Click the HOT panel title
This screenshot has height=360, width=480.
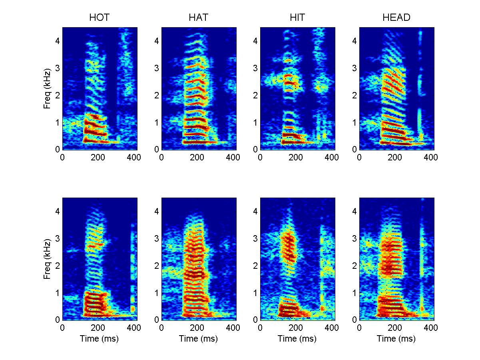(x=100, y=18)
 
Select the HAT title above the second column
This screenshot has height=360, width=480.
(x=199, y=18)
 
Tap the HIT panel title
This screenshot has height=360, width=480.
(x=297, y=18)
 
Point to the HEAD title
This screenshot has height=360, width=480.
(x=396, y=18)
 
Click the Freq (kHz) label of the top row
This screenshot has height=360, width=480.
(x=47, y=88)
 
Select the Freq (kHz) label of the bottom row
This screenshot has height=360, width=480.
(x=47, y=259)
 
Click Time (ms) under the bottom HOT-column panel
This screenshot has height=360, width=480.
(x=100, y=339)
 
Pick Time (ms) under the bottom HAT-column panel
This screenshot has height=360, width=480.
(x=199, y=339)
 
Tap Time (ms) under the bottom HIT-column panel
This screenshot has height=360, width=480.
(x=297, y=339)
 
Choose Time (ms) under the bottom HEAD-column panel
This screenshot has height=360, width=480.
(x=396, y=339)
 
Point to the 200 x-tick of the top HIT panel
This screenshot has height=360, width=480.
(x=296, y=158)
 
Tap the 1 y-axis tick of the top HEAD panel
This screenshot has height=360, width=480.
(x=355, y=122)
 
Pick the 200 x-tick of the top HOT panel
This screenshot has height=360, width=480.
(x=98, y=158)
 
